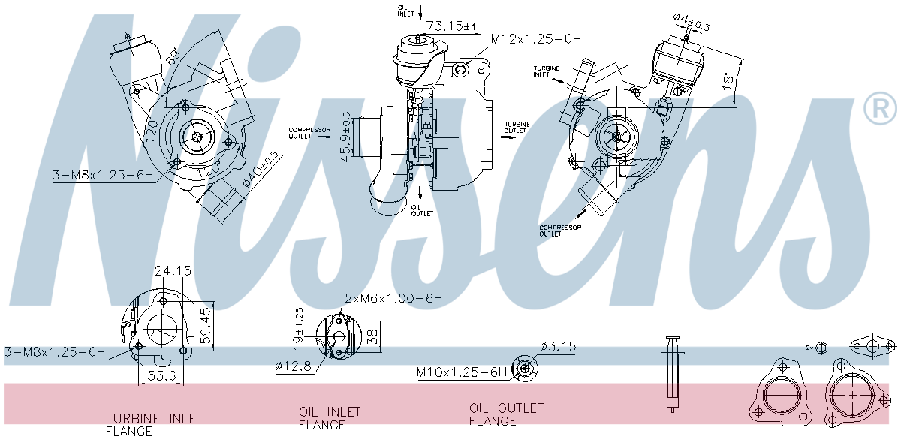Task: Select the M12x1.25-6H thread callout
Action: [x=536, y=38]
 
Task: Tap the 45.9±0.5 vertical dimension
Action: [x=345, y=137]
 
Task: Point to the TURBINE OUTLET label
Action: [x=516, y=128]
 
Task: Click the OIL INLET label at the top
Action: [x=405, y=10]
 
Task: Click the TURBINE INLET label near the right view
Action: [x=547, y=71]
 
